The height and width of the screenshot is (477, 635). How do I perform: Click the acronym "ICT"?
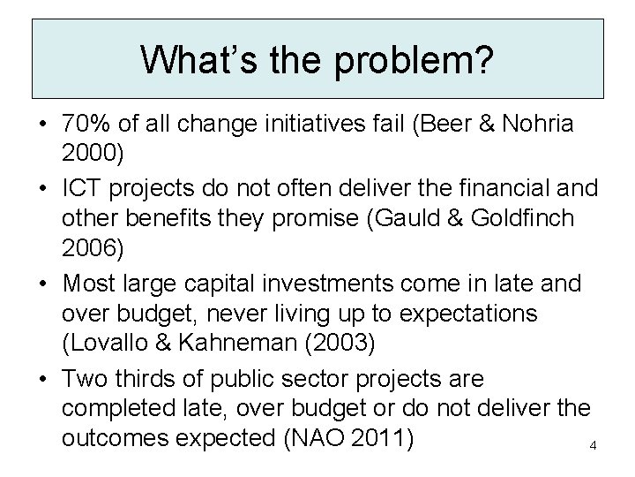coord(86,188)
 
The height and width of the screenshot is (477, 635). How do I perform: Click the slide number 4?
coord(593,445)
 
